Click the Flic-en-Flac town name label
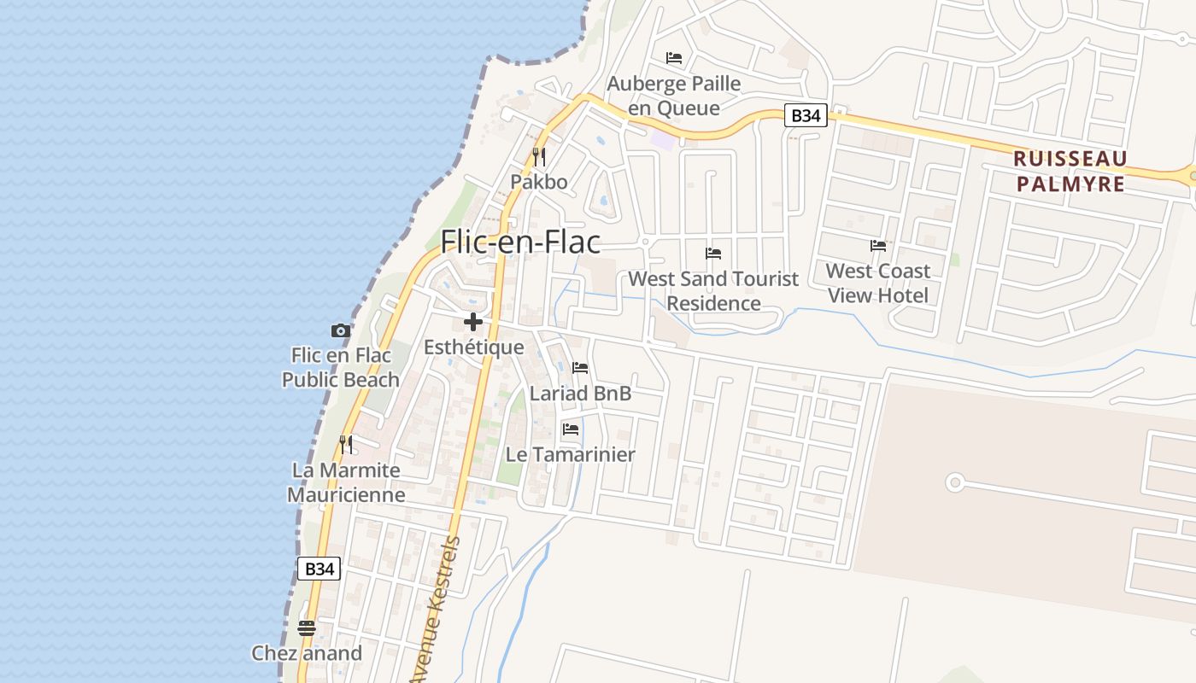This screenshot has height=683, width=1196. [x=520, y=242]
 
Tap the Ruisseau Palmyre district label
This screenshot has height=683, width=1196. [x=1070, y=171]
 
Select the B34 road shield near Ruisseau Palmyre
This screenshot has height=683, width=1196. [x=806, y=115]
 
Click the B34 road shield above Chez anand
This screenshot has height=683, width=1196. [x=319, y=569]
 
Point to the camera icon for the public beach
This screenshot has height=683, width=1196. [x=340, y=330]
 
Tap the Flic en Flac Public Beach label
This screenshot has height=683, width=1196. [x=341, y=368]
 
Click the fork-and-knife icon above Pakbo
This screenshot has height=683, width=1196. [x=539, y=156]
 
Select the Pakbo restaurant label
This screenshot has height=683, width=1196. [x=539, y=182]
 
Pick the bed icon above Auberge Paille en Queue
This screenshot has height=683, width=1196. [x=674, y=58]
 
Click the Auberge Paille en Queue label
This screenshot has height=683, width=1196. [x=674, y=96]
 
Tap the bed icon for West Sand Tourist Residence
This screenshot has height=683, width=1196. [x=713, y=254]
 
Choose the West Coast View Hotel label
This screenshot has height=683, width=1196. [x=877, y=283]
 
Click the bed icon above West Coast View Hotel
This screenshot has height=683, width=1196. [x=878, y=246]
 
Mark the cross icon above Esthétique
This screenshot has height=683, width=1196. [x=473, y=322]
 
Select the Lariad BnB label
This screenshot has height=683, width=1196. [x=580, y=393]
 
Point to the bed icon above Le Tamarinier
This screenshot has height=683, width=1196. [x=571, y=429]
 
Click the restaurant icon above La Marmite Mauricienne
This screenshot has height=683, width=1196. [x=346, y=444]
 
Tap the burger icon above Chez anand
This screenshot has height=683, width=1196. [x=307, y=628]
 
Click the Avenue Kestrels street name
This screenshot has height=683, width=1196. [x=437, y=610]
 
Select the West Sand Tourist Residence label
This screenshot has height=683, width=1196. [x=713, y=290]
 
